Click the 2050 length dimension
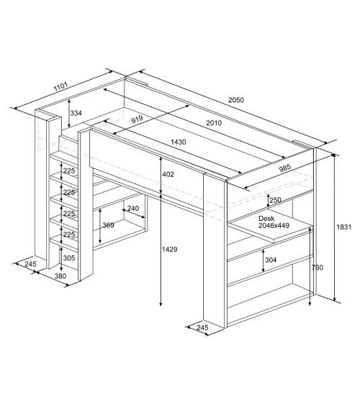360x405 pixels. (236, 100)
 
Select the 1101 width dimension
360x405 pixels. (60, 86)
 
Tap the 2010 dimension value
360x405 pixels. (214, 123)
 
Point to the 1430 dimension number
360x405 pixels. (179, 142)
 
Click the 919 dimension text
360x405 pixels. (137, 119)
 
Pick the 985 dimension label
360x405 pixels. (285, 168)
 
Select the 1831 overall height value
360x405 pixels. (344, 227)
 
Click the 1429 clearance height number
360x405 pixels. (170, 249)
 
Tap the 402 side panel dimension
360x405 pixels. (168, 174)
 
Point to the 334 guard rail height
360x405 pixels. (76, 113)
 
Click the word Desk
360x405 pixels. (266, 218)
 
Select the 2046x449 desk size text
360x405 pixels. (274, 225)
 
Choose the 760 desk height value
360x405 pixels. (318, 268)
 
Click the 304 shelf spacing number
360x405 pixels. (271, 260)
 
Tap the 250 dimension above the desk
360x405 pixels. (275, 200)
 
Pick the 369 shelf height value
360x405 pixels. (108, 225)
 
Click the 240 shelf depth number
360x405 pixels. (133, 208)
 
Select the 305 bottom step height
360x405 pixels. (69, 258)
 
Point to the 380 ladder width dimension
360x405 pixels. (60, 276)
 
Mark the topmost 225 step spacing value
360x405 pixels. (69, 170)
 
